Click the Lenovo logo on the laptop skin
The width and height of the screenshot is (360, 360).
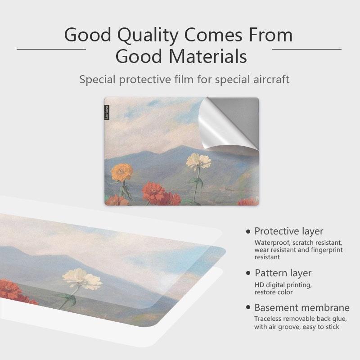tap(107, 112)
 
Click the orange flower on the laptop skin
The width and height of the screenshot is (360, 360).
tap(121, 172)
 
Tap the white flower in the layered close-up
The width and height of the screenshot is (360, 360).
tap(82, 280)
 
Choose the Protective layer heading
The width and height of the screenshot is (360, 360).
tap(288, 231)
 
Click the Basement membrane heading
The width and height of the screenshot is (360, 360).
tap(301, 308)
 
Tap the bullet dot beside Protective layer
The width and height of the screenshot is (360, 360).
tap(248, 232)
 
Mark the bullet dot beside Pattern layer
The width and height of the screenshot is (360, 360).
tap(248, 273)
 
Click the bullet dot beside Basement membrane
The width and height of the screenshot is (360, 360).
tap(248, 308)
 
